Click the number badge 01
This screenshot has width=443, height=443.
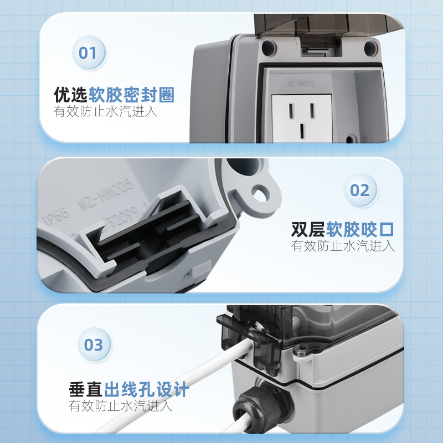[x=88, y=53]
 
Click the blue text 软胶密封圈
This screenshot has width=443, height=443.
[x=131, y=95]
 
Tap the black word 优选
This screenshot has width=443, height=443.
[x=70, y=95]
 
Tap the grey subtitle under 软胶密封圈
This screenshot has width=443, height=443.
[x=106, y=111]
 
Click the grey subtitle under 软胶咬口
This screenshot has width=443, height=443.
[x=343, y=246]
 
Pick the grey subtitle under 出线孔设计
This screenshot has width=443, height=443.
[x=121, y=406]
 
